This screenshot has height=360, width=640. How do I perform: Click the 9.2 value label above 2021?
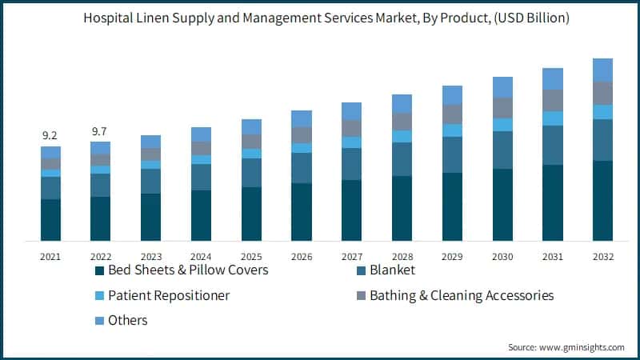click(x=50, y=136)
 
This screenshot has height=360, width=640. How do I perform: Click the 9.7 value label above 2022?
click(x=100, y=130)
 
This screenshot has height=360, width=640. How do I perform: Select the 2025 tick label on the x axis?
click(x=251, y=257)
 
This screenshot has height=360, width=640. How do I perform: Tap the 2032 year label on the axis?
click(x=602, y=257)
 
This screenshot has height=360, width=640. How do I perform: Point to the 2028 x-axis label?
click(x=402, y=257)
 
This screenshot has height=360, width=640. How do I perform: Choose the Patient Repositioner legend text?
click(x=169, y=295)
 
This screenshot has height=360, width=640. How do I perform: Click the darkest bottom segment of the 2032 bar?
click(x=602, y=200)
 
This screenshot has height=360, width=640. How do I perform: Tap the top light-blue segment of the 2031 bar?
click(x=552, y=78)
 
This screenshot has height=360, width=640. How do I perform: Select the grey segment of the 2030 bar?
click(x=502, y=108)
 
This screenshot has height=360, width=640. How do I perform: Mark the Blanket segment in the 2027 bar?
click(x=351, y=164)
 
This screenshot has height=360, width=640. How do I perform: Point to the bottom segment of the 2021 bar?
click(x=50, y=220)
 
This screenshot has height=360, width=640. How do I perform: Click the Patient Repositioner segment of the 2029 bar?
click(x=452, y=130)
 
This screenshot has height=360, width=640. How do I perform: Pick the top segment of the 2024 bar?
click(x=201, y=134)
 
